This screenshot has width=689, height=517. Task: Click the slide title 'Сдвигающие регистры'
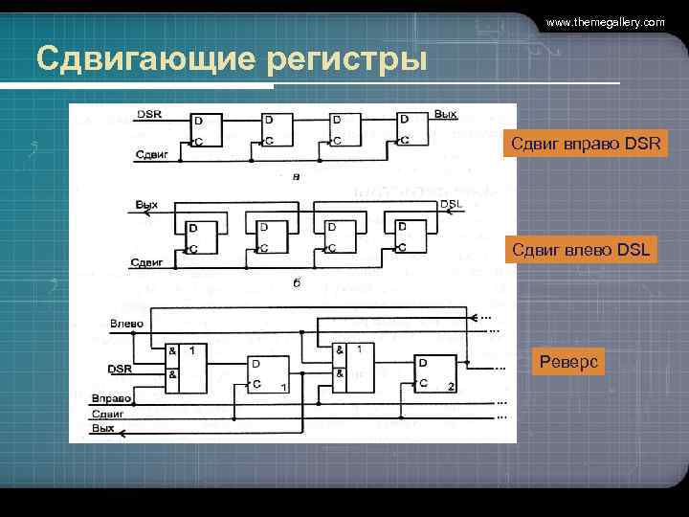[231, 59]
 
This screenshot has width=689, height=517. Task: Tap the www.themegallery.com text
[605, 21]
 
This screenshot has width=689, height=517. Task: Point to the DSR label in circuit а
[149, 114]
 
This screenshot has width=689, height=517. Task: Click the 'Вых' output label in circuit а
[445, 114]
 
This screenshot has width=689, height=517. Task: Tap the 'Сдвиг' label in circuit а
[151, 153]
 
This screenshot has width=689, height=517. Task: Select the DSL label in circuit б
[451, 204]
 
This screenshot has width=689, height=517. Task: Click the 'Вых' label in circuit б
[147, 204]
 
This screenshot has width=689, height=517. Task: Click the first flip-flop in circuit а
[206, 131]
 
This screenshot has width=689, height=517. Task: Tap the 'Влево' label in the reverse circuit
[126, 324]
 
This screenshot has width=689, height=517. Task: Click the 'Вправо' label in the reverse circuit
[112, 397]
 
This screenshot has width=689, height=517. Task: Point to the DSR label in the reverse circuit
[120, 369]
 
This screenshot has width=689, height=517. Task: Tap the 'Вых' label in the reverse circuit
[103, 428]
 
